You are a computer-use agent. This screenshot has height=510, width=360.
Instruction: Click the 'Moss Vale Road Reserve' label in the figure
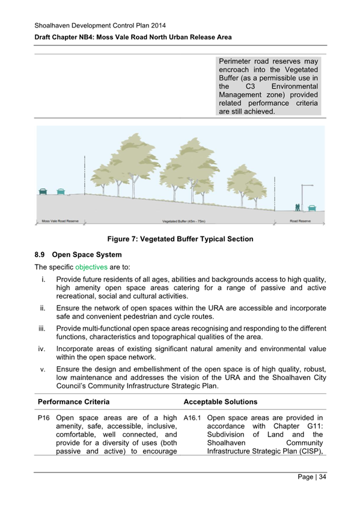click(55, 221)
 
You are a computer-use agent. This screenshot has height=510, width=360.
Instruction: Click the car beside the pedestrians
click(311, 208)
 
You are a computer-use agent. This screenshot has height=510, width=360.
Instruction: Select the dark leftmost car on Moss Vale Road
click(43, 192)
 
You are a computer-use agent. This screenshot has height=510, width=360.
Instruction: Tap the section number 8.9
click(41, 254)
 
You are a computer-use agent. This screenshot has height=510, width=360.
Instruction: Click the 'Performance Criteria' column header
click(73, 401)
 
